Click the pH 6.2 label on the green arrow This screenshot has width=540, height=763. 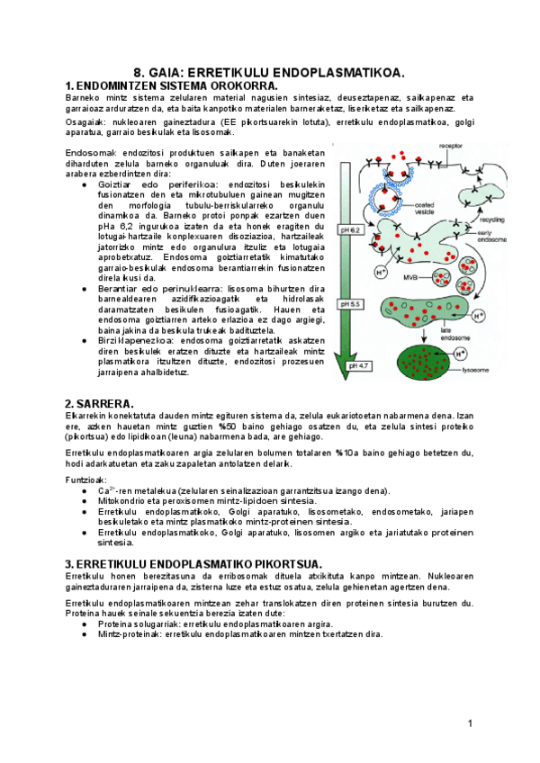(346, 231)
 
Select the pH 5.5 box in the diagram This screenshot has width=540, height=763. (346, 304)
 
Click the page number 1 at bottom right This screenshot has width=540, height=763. (470, 724)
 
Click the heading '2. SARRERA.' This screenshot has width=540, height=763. (99, 402)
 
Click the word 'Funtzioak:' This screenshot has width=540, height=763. (86, 479)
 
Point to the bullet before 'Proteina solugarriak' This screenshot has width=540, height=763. (85, 624)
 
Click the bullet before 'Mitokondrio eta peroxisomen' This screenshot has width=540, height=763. (85, 501)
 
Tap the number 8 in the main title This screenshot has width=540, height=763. (139, 71)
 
